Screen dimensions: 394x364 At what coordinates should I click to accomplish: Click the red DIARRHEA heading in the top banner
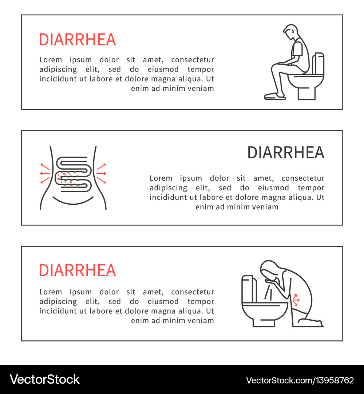click(x=77, y=39)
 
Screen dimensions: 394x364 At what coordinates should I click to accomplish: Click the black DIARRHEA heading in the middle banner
click(x=286, y=152)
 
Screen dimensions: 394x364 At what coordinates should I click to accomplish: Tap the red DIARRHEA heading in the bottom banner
click(x=77, y=270)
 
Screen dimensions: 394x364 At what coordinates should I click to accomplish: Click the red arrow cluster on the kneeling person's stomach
click(x=296, y=299)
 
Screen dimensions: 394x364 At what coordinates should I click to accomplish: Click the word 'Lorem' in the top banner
click(x=51, y=60)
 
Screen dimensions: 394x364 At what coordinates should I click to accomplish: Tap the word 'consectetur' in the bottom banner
click(x=193, y=292)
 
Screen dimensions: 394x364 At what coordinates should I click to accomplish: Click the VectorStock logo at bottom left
click(x=44, y=379)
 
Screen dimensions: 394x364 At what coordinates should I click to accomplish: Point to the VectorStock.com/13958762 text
click(x=300, y=380)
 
